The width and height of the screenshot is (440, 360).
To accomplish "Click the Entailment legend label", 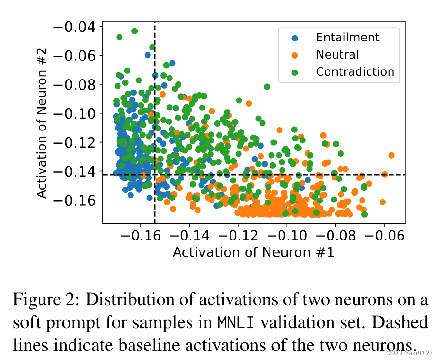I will click(348, 38).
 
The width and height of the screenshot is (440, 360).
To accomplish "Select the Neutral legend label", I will click(337, 55).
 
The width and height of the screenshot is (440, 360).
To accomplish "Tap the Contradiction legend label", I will click(355, 72).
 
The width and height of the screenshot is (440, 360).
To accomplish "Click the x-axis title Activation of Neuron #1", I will click(253, 252).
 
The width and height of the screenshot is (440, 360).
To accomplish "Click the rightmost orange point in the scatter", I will click(391, 155).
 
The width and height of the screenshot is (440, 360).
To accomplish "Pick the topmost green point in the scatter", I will click(134, 31).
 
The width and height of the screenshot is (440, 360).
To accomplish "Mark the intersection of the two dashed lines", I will click(155, 175).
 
